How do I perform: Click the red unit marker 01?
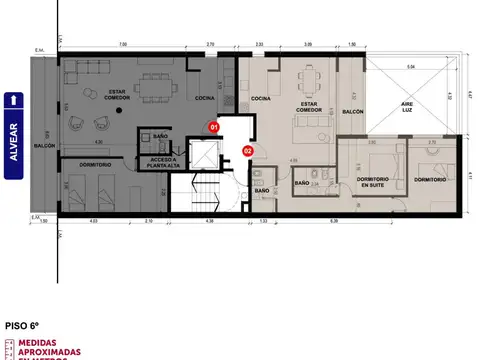212,128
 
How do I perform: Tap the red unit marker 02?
247,152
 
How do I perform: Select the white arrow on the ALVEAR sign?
13,99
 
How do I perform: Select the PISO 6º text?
23,325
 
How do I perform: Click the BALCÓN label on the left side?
44,146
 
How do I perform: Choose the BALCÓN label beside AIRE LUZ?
351,113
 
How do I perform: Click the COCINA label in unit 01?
203,98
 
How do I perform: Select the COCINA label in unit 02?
261,98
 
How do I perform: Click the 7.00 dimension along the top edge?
123,44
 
